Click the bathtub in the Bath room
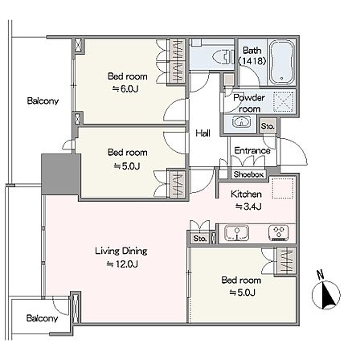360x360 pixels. (281, 63)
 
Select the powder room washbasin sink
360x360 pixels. (241, 122)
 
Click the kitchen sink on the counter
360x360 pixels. (236, 233)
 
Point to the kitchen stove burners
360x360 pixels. (279, 233)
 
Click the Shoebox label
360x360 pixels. (248, 174)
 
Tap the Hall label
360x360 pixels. (202, 133)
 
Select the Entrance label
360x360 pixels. (252, 150)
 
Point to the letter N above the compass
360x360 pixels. (320, 275)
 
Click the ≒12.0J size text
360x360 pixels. (122, 264)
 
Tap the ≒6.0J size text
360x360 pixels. (125, 88)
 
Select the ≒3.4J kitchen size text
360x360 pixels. (248, 207)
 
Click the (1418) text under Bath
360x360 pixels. (252, 61)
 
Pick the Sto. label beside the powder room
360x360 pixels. (268, 126)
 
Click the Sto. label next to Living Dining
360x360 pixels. (200, 238)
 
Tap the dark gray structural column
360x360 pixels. (60, 174)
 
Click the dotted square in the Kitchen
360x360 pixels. (284, 188)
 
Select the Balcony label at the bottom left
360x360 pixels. (42, 318)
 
